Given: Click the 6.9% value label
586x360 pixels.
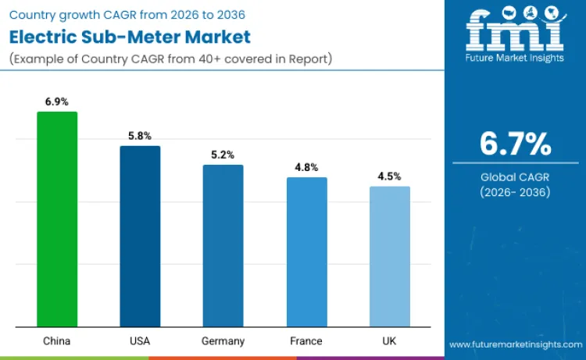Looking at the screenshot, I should (57, 102).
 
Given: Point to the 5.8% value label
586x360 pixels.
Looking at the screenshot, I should (140, 136).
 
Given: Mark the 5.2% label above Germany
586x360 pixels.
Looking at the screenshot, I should (223, 155).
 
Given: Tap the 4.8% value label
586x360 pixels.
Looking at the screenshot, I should (306, 167).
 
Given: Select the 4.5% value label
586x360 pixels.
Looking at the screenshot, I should (389, 176).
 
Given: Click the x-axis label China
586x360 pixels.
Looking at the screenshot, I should (57, 340).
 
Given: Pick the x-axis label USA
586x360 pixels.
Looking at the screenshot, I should (140, 340).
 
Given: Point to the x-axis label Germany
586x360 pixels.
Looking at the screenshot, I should (223, 340).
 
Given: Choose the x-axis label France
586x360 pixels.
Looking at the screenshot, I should (306, 340).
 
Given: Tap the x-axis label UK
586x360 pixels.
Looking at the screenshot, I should (389, 340).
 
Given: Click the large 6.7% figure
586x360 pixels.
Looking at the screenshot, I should (516, 144).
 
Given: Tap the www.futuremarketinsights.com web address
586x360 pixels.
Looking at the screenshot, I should (516, 344).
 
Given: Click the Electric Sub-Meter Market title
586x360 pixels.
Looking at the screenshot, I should (130, 36).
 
